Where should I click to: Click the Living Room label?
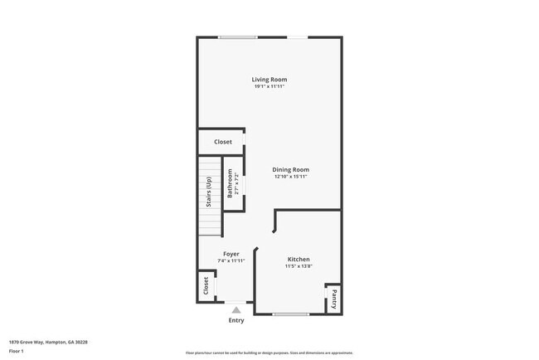pos(269,80)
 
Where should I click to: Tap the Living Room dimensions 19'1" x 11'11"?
pos(269,86)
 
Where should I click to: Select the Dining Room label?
pos(291,169)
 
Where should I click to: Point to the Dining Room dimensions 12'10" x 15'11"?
pos(291,176)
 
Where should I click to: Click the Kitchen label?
pos(299,260)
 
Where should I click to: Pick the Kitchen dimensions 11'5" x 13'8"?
pos(299,266)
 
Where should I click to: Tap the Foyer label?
pos(231,254)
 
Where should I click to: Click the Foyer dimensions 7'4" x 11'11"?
pos(231,260)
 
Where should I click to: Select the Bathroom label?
pos(231,184)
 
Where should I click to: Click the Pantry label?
pos(333,297)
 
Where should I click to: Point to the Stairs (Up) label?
pos(209,192)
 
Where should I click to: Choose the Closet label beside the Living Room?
pos(223,142)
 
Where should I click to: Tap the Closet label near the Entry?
pos(206,286)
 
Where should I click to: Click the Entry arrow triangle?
pos(236,309)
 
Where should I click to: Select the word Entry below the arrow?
pos(236,320)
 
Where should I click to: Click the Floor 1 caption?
pos(17,352)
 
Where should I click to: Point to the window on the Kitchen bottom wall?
pos(290,314)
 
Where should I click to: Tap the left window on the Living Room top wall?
pos(237,36)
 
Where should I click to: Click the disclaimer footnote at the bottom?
pos(269,353)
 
